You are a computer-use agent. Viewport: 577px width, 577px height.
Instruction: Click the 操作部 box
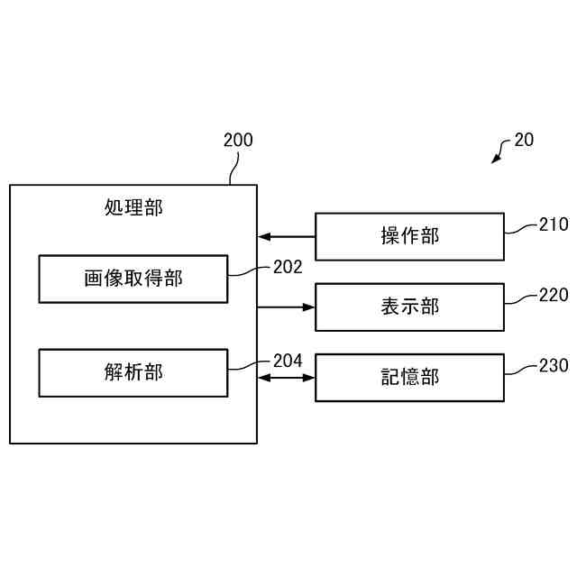coord(409,236)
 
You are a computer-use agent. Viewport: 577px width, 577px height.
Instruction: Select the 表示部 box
coord(409,307)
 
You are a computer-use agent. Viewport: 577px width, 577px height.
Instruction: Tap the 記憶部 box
coord(409,377)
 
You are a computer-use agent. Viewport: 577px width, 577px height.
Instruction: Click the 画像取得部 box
coord(133,279)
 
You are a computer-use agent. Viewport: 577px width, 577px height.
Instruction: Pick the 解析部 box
coord(133,371)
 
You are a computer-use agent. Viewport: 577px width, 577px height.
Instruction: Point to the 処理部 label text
coord(133,207)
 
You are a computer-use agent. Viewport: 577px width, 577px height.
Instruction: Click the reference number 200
coord(238,140)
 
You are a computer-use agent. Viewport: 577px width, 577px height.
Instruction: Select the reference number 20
coord(524,140)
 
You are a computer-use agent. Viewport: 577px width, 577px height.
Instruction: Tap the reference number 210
coord(554,224)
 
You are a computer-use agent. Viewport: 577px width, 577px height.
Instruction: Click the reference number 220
coord(554,295)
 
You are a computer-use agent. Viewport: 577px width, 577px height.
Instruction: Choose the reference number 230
coord(554,365)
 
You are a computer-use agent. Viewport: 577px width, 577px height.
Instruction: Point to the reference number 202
coord(287,267)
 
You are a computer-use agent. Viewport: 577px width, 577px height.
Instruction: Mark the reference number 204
coord(287,361)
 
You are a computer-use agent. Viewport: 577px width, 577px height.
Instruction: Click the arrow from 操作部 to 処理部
coord(286,237)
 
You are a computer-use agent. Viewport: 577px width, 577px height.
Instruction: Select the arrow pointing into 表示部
coord(286,307)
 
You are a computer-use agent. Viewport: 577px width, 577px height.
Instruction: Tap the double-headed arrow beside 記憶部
coord(286,378)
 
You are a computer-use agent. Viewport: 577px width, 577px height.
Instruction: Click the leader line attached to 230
coord(520,371)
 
